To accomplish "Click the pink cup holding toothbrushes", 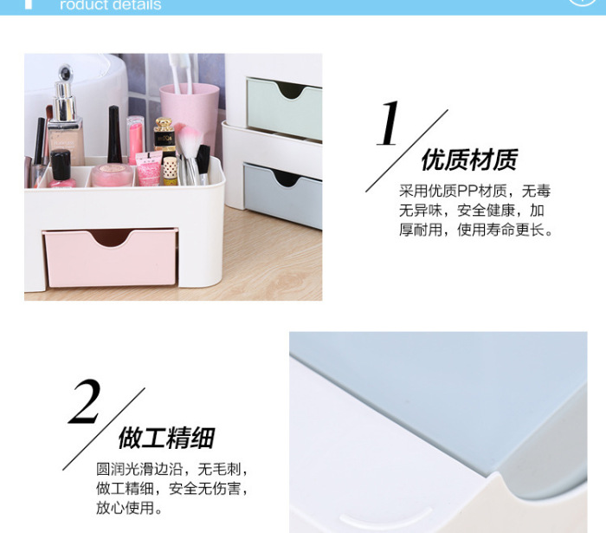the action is (x=190, y=112).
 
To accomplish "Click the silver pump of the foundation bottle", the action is (x=65, y=94).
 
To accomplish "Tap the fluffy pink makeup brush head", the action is (x=188, y=140).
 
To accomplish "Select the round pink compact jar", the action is (x=113, y=175).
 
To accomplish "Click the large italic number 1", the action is (x=389, y=123).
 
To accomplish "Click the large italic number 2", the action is (x=85, y=401).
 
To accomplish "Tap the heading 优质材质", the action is (x=469, y=159).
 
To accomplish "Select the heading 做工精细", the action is (x=166, y=438).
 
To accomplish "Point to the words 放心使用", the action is (x=125, y=508).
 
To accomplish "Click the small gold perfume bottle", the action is (x=164, y=135).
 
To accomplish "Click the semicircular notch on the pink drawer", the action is (x=111, y=237).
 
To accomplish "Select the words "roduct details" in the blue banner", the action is (x=111, y=5).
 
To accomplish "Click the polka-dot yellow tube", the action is (x=170, y=171).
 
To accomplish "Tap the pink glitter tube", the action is (x=148, y=169).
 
